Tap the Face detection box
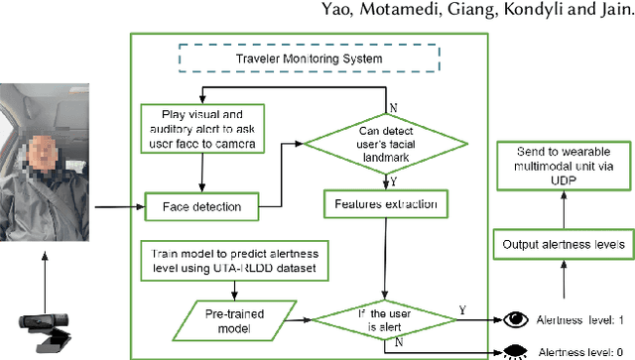200,207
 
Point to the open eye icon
515,320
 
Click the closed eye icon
515,350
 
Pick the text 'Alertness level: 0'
582,351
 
